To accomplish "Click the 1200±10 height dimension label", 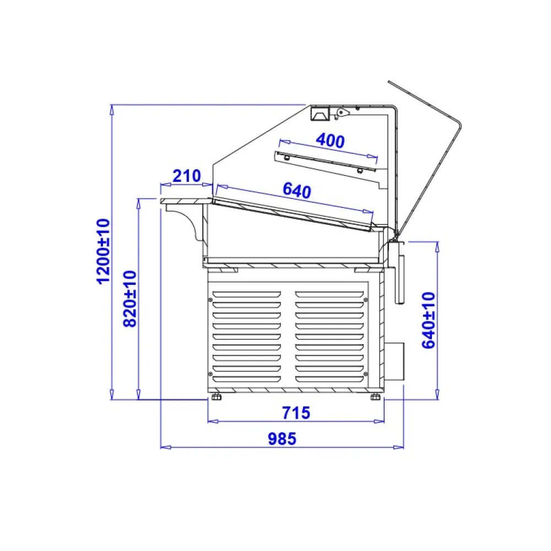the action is [x=104, y=251].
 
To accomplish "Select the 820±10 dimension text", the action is [x=130, y=299].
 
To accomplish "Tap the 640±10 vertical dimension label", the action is [x=429, y=320].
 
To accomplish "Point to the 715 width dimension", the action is [x=296, y=413].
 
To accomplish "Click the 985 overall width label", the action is [x=282, y=439].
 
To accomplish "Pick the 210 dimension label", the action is [x=187, y=176].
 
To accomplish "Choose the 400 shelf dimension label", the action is [x=330, y=141].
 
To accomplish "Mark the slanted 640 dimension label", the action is [x=298, y=191].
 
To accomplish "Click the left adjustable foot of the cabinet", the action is [x=217, y=397].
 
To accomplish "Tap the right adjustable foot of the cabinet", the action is [x=375, y=397].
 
